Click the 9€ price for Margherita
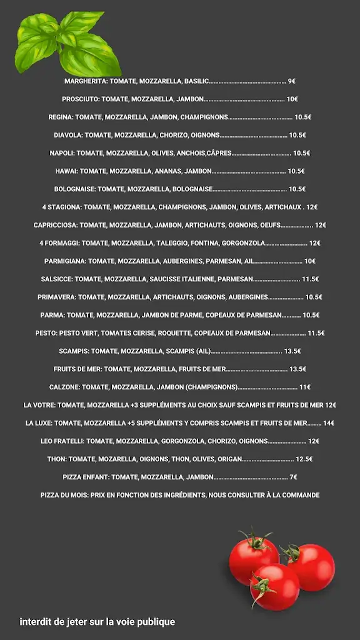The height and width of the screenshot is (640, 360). (x=291, y=81)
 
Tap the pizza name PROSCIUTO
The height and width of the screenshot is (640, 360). (x=81, y=99)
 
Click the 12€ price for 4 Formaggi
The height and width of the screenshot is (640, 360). (x=314, y=243)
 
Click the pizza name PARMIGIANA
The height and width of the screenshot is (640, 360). (x=65, y=261)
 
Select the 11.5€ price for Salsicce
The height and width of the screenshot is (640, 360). (x=310, y=279)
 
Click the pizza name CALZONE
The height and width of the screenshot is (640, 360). (x=64, y=387)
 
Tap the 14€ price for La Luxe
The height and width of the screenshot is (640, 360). (x=329, y=423)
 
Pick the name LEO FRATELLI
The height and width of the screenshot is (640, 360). (x=62, y=441)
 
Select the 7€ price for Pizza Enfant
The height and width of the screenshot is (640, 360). (x=294, y=477)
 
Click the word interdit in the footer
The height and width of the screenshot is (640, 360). (x=35, y=622)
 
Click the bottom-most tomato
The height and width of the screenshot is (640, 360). (x=274, y=586)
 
